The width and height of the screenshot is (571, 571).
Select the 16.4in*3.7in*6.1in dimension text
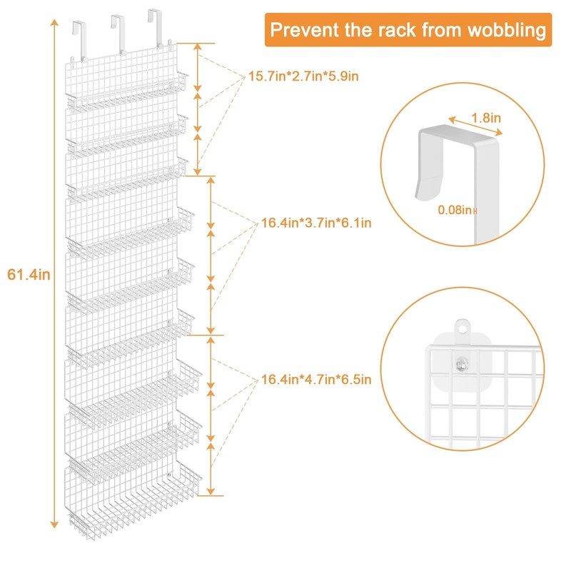pyautogui.click(x=316, y=223)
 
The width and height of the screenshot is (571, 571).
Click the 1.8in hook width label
pyautogui.click(x=485, y=116)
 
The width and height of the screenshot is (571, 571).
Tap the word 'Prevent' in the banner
pyautogui.click(x=305, y=30)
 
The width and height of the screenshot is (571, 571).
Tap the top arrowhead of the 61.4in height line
pyautogui.click(x=54, y=23)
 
